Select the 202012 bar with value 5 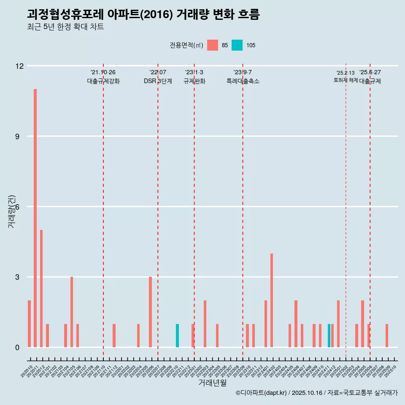(41, 289)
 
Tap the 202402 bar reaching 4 (272, 300)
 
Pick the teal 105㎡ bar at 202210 (178, 336)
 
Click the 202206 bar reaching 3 (150, 312)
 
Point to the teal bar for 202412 (329, 336)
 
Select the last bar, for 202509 (387, 336)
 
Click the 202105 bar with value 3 (72, 312)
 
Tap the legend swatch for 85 (213, 45)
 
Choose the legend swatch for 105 (237, 45)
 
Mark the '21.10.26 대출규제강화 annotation (103, 77)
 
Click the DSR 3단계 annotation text (158, 81)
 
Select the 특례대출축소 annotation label (243, 81)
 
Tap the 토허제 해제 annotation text (346, 80)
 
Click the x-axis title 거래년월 (212, 383)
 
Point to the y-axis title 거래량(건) (11, 211)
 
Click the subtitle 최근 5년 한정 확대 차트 (65, 27)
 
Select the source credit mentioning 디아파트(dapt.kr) (316, 393)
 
